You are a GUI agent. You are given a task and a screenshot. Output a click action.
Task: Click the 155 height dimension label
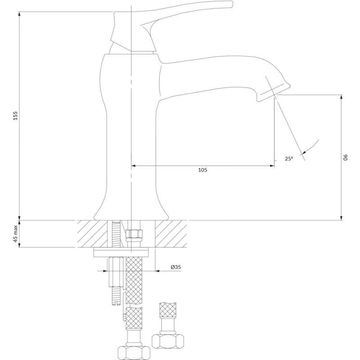click(x=15, y=116)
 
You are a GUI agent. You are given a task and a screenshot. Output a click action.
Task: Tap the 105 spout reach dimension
click(x=202, y=170)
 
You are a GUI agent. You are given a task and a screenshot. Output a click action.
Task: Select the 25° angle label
click(x=289, y=158)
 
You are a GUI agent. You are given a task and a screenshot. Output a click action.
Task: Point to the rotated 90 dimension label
click(x=346, y=157)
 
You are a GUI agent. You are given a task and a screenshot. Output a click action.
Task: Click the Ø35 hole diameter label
click(x=175, y=267)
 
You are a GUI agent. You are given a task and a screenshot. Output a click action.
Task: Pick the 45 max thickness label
click(x=15, y=234)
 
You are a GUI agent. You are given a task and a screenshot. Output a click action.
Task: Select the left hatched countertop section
click(x=92, y=234)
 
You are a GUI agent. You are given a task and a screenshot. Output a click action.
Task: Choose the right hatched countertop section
click(x=171, y=234)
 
